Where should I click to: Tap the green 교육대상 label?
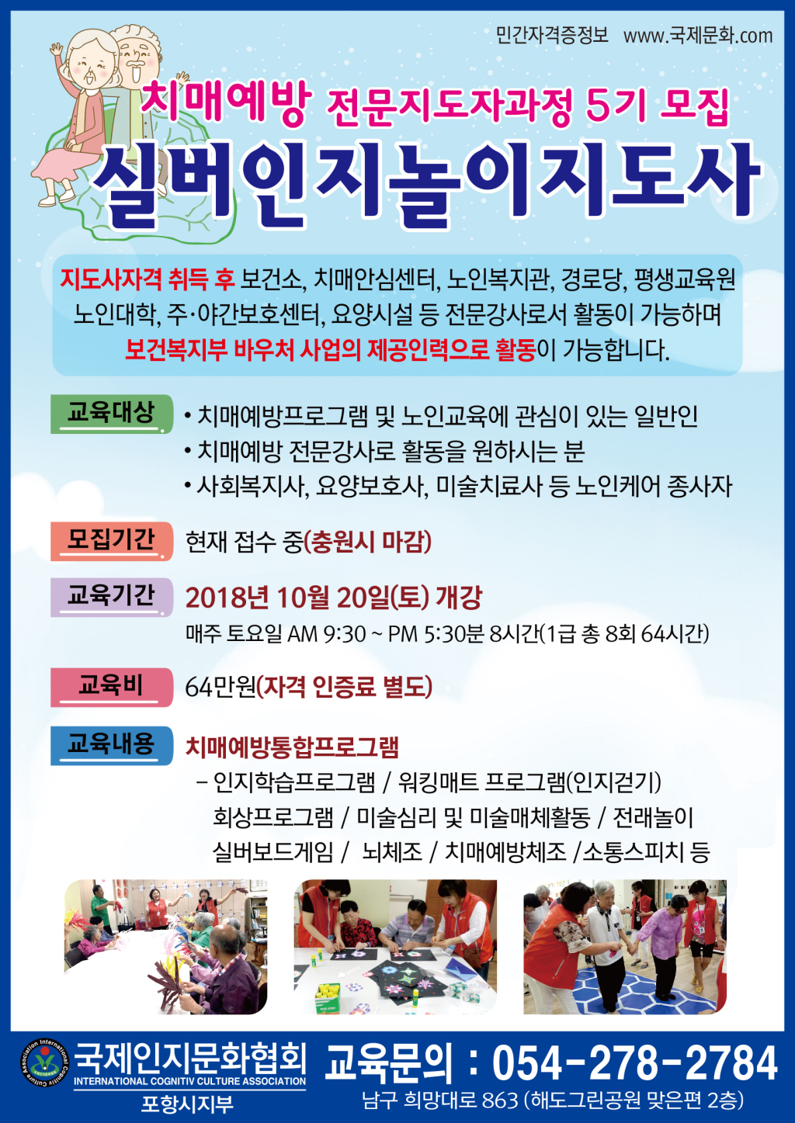(111, 414)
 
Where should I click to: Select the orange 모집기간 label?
(111, 541)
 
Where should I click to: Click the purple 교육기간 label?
(111, 597)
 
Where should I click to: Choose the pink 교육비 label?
(111, 687)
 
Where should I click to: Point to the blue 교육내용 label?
(111, 746)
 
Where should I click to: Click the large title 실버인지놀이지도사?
(426, 186)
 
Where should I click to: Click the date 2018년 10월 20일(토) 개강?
(334, 598)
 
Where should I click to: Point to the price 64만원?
(220, 688)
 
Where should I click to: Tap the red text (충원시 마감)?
(368, 542)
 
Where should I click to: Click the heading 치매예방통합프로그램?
(292, 747)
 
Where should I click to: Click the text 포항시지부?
(186, 1103)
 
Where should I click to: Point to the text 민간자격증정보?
(552, 36)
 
